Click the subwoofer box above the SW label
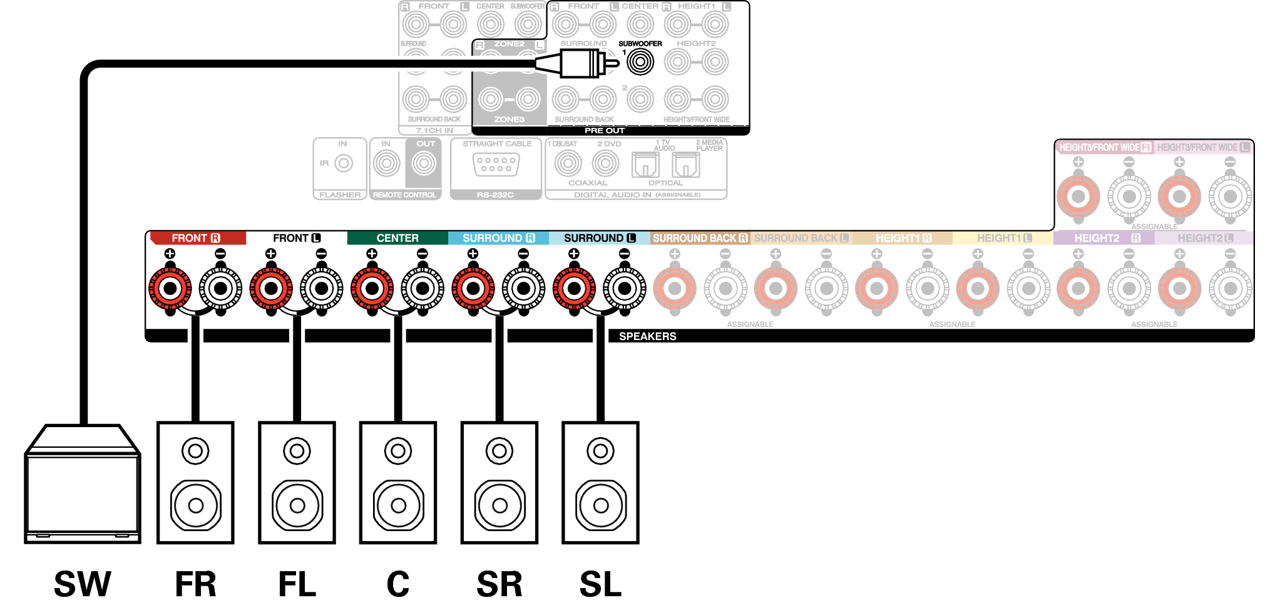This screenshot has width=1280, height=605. (83, 485)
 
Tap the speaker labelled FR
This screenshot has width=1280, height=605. (195, 482)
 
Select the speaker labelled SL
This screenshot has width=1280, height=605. (600, 482)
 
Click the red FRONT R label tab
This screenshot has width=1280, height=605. (196, 238)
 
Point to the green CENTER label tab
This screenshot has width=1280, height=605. (397, 238)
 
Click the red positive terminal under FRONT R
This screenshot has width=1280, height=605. (170, 289)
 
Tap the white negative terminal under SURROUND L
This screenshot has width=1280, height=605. (624, 289)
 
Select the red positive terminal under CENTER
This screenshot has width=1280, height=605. (372, 289)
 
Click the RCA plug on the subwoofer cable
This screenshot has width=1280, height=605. (582, 63)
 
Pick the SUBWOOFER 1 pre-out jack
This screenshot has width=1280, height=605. (640, 62)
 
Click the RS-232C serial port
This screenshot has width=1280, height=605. (496, 165)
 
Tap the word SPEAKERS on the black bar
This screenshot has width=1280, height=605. (648, 336)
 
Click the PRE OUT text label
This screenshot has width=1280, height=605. (605, 130)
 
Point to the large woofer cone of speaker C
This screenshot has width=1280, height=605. (398, 505)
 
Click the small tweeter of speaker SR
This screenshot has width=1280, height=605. (499, 451)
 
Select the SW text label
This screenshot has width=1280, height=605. (83, 584)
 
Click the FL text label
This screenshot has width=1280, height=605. (297, 584)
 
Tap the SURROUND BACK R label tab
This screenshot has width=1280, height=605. (700, 238)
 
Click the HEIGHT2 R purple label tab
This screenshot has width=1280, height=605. (1104, 238)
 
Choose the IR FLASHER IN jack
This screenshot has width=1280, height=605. (343, 163)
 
